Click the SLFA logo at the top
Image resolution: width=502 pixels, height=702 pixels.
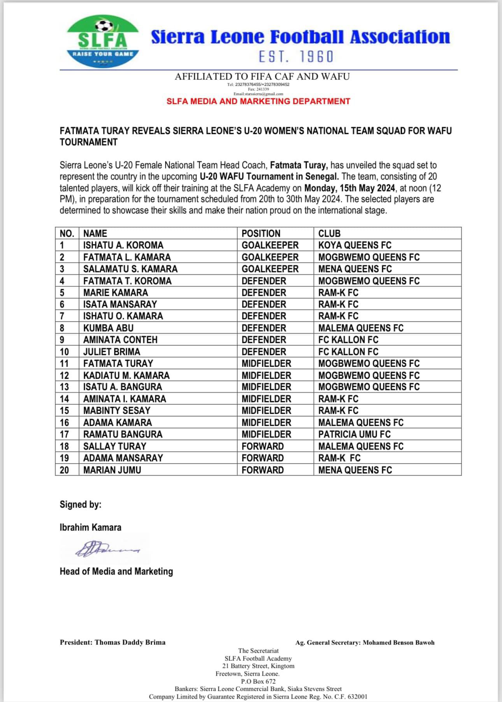tap(103, 42)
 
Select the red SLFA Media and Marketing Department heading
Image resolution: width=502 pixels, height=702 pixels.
tap(258, 102)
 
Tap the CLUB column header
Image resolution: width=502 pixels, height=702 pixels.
tap(329, 233)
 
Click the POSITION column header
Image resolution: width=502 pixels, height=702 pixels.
tap(261, 233)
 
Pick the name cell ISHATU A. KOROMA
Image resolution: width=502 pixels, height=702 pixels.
tap(123, 245)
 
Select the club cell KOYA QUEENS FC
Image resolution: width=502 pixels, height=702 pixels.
tap(355, 245)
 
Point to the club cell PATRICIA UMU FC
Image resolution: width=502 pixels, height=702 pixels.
tap(355, 434)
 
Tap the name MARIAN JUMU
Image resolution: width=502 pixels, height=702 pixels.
tap(112, 470)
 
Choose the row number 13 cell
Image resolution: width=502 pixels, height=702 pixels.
tap(64, 387)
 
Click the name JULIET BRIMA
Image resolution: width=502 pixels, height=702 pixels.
tap(112, 352)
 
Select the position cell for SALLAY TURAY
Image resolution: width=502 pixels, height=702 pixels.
tap(263, 446)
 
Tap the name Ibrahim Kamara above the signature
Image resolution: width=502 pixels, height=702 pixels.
tap(90, 527)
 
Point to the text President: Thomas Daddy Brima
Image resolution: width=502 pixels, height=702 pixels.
tap(112, 642)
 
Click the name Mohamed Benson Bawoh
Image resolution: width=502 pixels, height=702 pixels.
tap(398, 642)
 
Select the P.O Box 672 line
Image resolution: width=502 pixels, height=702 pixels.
tap(258, 681)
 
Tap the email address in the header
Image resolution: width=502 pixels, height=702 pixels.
tap(258, 94)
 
